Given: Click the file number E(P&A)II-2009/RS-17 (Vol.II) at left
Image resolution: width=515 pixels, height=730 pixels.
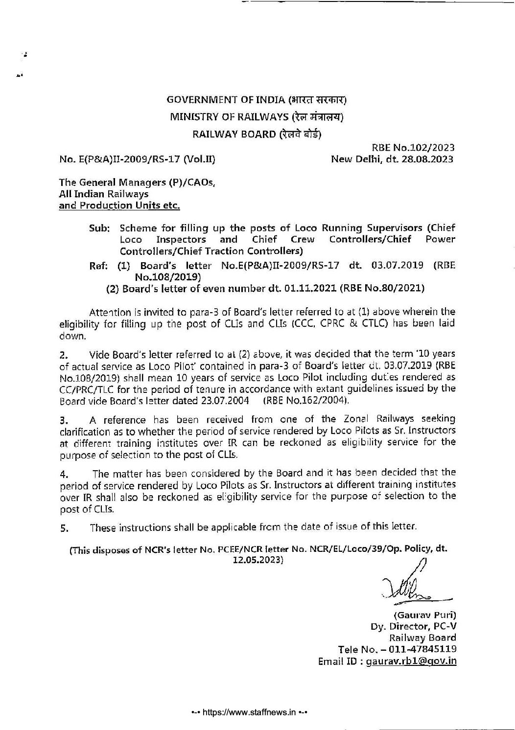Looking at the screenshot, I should coord(137,159).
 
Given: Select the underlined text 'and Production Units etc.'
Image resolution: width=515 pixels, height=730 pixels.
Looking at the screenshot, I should coord(119,205).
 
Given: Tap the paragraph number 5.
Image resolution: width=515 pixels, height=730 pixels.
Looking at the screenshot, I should coord(63,528).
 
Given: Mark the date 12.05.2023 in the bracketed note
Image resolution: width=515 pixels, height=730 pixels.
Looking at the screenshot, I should coord(258,560).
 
